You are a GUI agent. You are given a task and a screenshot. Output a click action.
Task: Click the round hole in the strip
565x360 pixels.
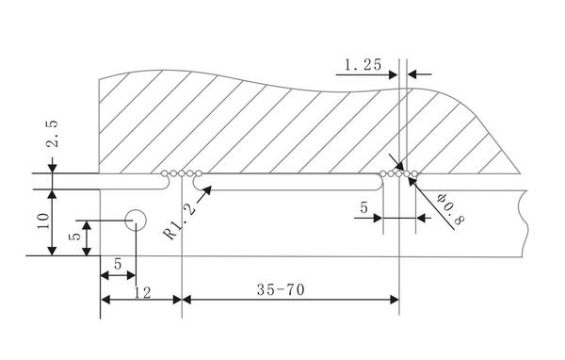136,221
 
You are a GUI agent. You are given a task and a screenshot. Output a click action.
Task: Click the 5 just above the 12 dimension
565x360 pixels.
117,267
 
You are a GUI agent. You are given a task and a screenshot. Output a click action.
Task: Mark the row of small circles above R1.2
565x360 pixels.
181,173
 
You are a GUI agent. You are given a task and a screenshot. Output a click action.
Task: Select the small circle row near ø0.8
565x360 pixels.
398,173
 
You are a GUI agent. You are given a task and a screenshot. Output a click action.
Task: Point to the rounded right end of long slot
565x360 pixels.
382,185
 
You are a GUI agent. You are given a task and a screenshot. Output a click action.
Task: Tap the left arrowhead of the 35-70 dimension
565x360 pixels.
188,300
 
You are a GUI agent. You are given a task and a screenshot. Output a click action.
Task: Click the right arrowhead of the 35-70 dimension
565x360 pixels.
394,300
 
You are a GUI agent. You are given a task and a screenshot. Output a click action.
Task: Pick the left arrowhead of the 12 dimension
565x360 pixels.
106,300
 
